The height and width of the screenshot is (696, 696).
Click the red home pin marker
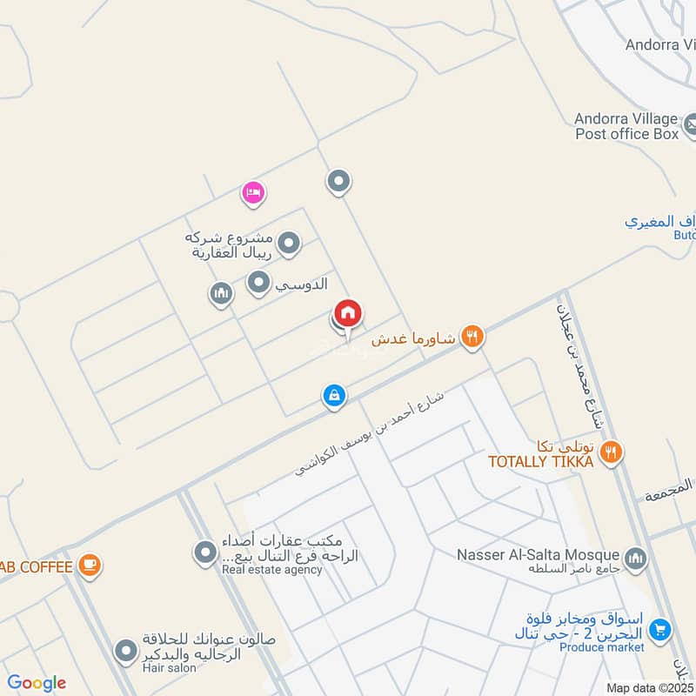[348, 314]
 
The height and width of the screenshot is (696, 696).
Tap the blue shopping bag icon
[334, 397]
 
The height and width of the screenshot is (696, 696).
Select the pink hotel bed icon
[253, 192]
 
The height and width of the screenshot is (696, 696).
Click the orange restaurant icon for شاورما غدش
[472, 337]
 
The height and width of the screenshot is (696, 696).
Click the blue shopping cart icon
[660, 628]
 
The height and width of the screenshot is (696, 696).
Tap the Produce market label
[602, 647]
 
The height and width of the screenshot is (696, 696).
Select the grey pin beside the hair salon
[127, 651]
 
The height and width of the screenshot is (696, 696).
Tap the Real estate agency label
[271, 571]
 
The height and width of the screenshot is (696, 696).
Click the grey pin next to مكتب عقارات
[205, 552]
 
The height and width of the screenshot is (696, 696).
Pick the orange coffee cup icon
[89, 565]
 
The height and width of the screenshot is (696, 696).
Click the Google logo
[37, 683]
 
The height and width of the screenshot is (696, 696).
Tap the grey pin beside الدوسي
[258, 282]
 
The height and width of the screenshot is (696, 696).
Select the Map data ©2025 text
[649, 687]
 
